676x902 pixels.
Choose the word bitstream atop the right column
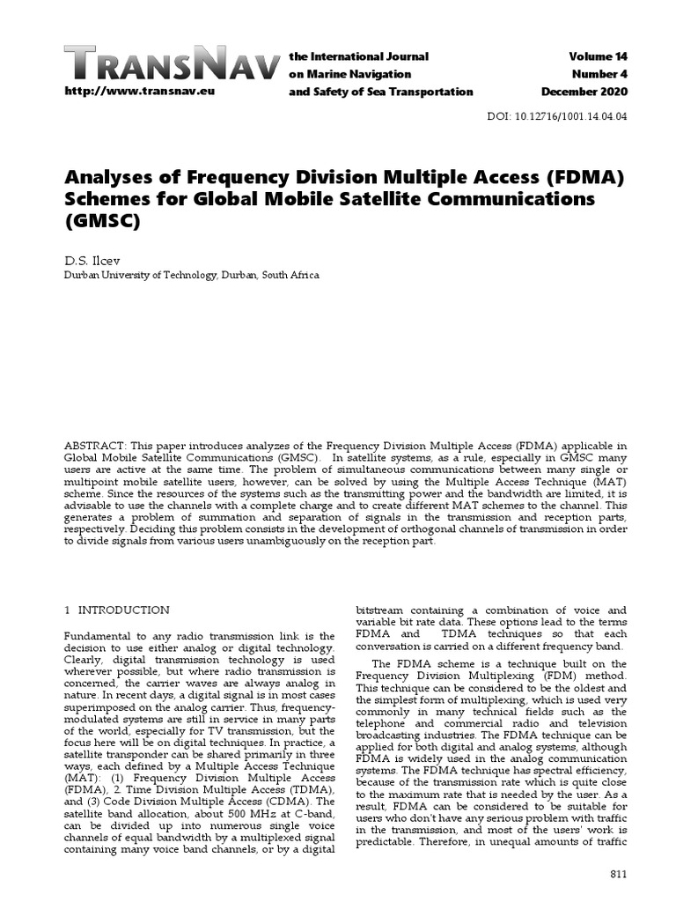381,610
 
